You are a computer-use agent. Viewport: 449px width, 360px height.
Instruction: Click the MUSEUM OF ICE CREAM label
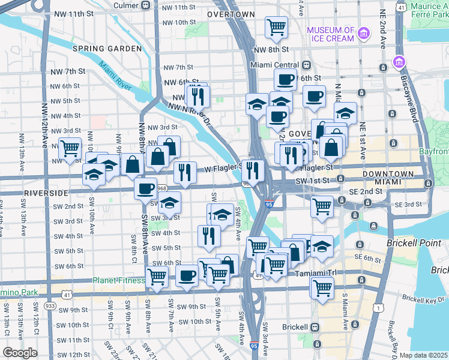(x=331, y=35)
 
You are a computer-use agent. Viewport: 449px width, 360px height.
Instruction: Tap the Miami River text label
(x=116, y=75)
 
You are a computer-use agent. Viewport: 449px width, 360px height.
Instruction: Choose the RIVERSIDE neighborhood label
(x=46, y=193)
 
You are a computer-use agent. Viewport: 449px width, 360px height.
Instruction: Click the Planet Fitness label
(x=118, y=280)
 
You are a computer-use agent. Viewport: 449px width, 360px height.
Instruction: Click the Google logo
(x=20, y=353)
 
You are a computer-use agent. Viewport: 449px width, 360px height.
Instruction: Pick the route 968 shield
(x=161, y=188)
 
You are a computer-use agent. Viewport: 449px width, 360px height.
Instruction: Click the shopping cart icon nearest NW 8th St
(x=276, y=26)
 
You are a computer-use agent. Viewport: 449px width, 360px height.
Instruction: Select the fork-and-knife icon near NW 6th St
(x=196, y=95)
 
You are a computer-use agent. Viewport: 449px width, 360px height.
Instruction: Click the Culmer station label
(x=125, y=5)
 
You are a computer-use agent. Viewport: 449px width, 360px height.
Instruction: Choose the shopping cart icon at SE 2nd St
(x=322, y=206)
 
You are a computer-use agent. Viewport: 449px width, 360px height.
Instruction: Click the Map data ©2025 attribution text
(x=424, y=355)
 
